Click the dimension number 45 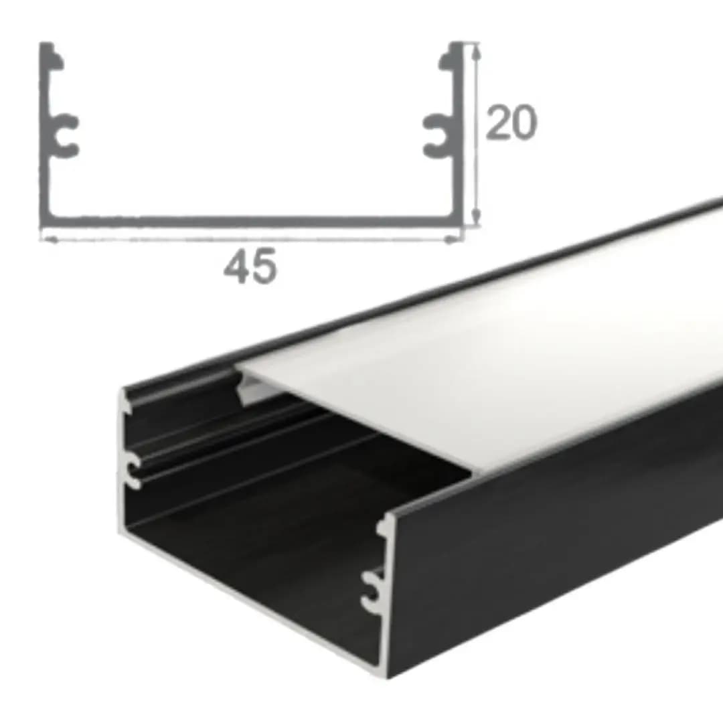tap(250, 266)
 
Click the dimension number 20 tap(511, 122)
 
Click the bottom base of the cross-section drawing tap(251, 222)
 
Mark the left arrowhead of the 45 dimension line tap(49, 239)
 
